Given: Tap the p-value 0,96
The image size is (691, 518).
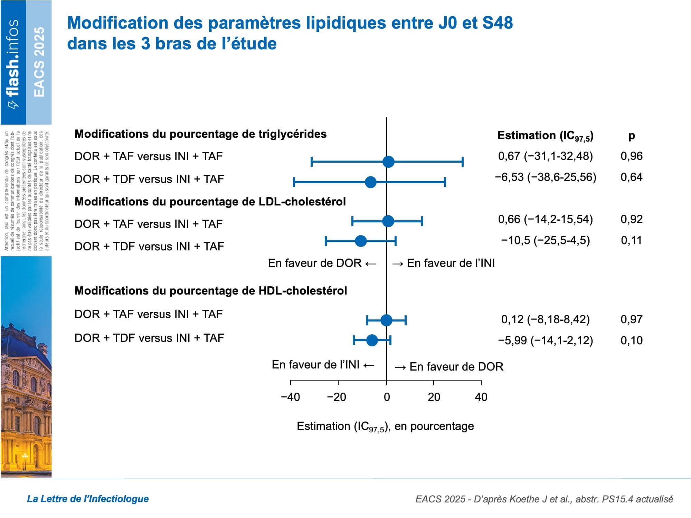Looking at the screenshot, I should click(631, 156).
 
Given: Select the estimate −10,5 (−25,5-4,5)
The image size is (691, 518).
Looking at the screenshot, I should click(546, 240).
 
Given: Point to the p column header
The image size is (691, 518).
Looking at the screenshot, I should click(631, 136).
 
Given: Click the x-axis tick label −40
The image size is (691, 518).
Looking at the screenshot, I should click(290, 397).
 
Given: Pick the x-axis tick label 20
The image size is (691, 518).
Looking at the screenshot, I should click(434, 397).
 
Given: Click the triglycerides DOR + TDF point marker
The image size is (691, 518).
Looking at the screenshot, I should click(370, 182).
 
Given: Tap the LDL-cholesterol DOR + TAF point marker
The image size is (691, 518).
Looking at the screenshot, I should click(388, 221).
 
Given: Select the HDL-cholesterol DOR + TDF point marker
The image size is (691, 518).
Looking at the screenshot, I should click(372, 340).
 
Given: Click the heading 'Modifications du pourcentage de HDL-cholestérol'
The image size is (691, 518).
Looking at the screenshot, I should click(210, 291).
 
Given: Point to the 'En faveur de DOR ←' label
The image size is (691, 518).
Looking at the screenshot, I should click(322, 263).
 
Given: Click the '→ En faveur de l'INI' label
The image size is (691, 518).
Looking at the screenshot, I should click(443, 263).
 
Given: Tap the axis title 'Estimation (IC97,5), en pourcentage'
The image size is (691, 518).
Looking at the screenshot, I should click(385, 426).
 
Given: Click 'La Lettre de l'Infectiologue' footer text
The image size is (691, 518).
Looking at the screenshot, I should click(88, 499).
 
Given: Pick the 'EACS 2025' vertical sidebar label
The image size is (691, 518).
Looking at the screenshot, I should click(39, 62).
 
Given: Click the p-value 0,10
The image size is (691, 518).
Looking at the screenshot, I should click(631, 340).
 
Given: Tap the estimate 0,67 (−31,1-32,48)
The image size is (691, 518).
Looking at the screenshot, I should click(545, 156).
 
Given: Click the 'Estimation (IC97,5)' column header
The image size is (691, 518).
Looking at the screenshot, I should click(545, 136).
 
